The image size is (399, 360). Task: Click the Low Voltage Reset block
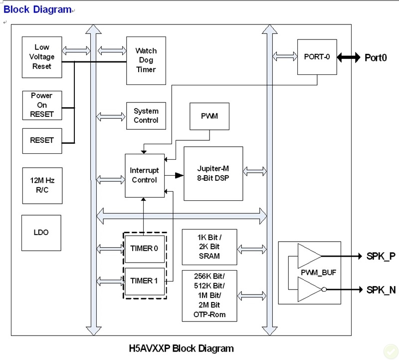point(42,57)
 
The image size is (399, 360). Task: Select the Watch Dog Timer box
point(146,60)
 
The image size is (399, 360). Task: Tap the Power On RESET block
point(42,105)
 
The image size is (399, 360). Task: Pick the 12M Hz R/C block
point(42,185)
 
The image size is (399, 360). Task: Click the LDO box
point(41,233)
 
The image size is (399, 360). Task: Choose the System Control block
point(146,116)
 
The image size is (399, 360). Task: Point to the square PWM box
point(209,116)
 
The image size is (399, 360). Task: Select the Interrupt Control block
point(144,175)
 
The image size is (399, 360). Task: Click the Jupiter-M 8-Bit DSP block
point(213,173)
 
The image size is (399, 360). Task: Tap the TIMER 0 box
point(144,248)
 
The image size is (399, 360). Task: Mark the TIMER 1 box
point(144,281)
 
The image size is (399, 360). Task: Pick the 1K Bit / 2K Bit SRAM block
point(209,247)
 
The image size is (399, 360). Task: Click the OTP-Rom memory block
point(209,296)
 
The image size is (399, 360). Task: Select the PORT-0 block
point(317,57)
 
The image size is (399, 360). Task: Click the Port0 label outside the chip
point(376,57)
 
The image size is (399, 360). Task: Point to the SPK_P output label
point(381,256)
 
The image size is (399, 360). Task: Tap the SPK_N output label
point(381,290)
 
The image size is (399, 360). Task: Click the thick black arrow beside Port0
point(349,57)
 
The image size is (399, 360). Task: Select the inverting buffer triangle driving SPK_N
point(310,290)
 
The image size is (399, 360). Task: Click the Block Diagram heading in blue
point(37,9)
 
